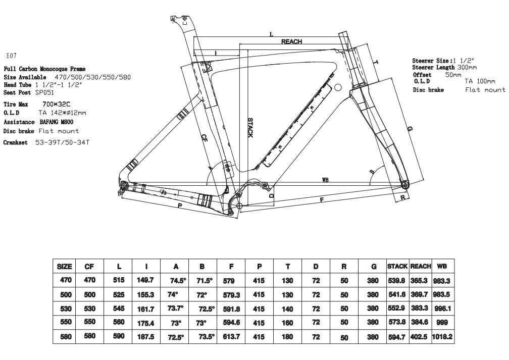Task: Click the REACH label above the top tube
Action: pyautogui.click(x=291, y=42)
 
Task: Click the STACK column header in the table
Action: pyautogui.click(x=397, y=266)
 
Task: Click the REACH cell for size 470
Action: pyautogui.click(x=420, y=279)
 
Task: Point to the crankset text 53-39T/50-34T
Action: pyautogui.click(x=62, y=142)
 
